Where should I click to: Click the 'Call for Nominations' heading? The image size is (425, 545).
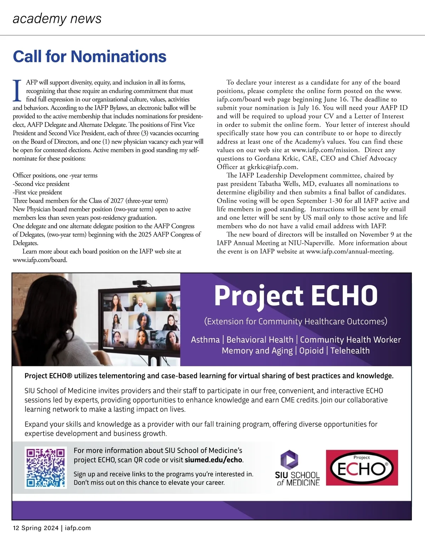coord(90,57)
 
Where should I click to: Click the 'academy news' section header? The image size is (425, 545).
coord(57,18)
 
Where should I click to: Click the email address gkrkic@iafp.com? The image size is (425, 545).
coord(272,167)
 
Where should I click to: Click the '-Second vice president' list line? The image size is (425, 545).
coord(41,184)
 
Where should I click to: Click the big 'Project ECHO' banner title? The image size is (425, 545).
coord(296,296)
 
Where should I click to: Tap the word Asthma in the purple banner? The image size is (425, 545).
coord(205,340)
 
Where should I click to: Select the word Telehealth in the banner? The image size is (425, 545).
coord(350,351)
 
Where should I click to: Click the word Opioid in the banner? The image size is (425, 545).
coord(311,351)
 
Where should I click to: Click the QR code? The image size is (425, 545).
coord(46,468)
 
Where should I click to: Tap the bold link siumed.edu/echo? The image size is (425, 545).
coord(214,460)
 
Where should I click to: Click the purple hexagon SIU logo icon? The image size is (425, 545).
coord(289,459)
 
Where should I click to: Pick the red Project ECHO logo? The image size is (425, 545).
coord(362,467)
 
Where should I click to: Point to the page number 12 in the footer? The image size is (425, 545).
coord(16,528)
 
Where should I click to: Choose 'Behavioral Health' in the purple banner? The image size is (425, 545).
coord(260,340)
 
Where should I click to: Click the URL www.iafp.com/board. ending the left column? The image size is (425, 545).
coord(40,260)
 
